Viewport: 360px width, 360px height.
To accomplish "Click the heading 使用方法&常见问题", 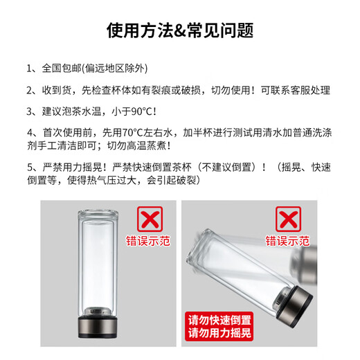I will tap(180, 30).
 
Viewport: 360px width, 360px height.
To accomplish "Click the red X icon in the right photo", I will tap(286, 222).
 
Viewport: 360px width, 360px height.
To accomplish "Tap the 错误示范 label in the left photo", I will tap(147, 242).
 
